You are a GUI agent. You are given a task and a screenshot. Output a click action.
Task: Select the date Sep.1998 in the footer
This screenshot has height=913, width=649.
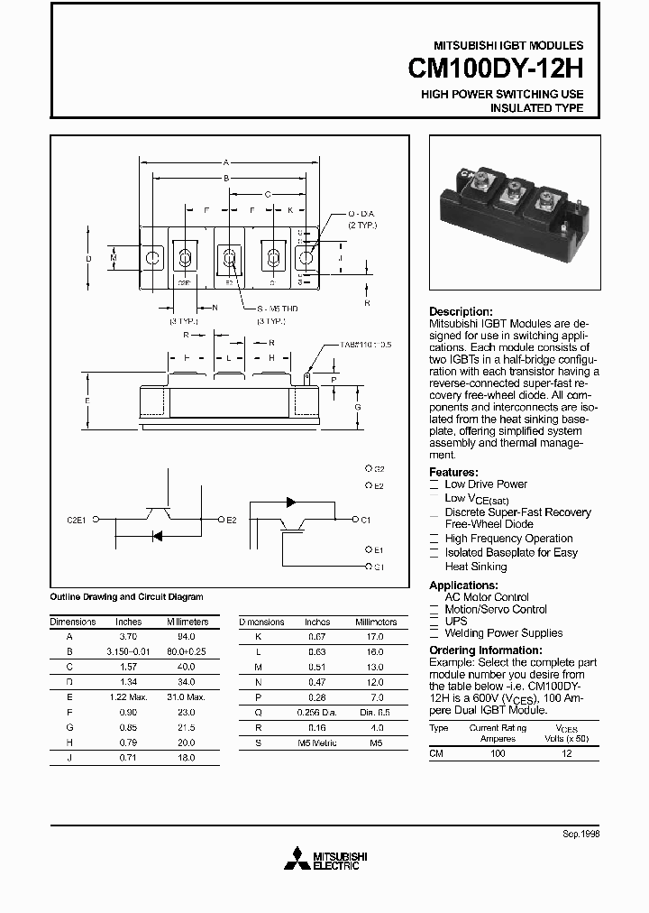coord(580,835)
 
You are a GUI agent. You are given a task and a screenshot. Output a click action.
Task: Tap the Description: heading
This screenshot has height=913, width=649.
coord(461,311)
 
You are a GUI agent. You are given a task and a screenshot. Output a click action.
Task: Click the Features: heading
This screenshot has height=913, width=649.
coord(453,472)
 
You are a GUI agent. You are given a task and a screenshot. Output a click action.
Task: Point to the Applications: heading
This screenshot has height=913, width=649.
coord(464,586)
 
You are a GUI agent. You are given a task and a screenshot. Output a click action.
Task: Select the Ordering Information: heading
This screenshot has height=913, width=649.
coord(485,650)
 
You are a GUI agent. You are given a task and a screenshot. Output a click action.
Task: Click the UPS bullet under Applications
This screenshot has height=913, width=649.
coord(456,622)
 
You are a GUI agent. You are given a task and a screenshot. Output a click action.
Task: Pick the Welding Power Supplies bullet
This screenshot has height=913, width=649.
coord(503,633)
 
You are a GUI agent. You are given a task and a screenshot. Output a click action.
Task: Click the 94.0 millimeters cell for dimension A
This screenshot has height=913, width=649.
coord(187,636)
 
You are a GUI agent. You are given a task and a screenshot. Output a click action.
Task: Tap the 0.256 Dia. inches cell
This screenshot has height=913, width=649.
coord(318,712)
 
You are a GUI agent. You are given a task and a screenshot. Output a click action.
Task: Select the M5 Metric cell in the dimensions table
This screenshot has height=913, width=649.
coord(317,742)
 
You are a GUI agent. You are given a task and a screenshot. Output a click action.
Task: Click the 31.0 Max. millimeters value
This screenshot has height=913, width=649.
coord(187,697)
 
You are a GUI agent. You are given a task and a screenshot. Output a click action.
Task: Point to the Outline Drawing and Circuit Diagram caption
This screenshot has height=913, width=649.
coord(126,597)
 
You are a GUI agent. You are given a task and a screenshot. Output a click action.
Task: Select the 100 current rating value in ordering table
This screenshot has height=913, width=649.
coord(498,752)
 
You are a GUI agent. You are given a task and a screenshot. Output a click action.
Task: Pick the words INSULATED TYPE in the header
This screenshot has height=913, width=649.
coord(536,108)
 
